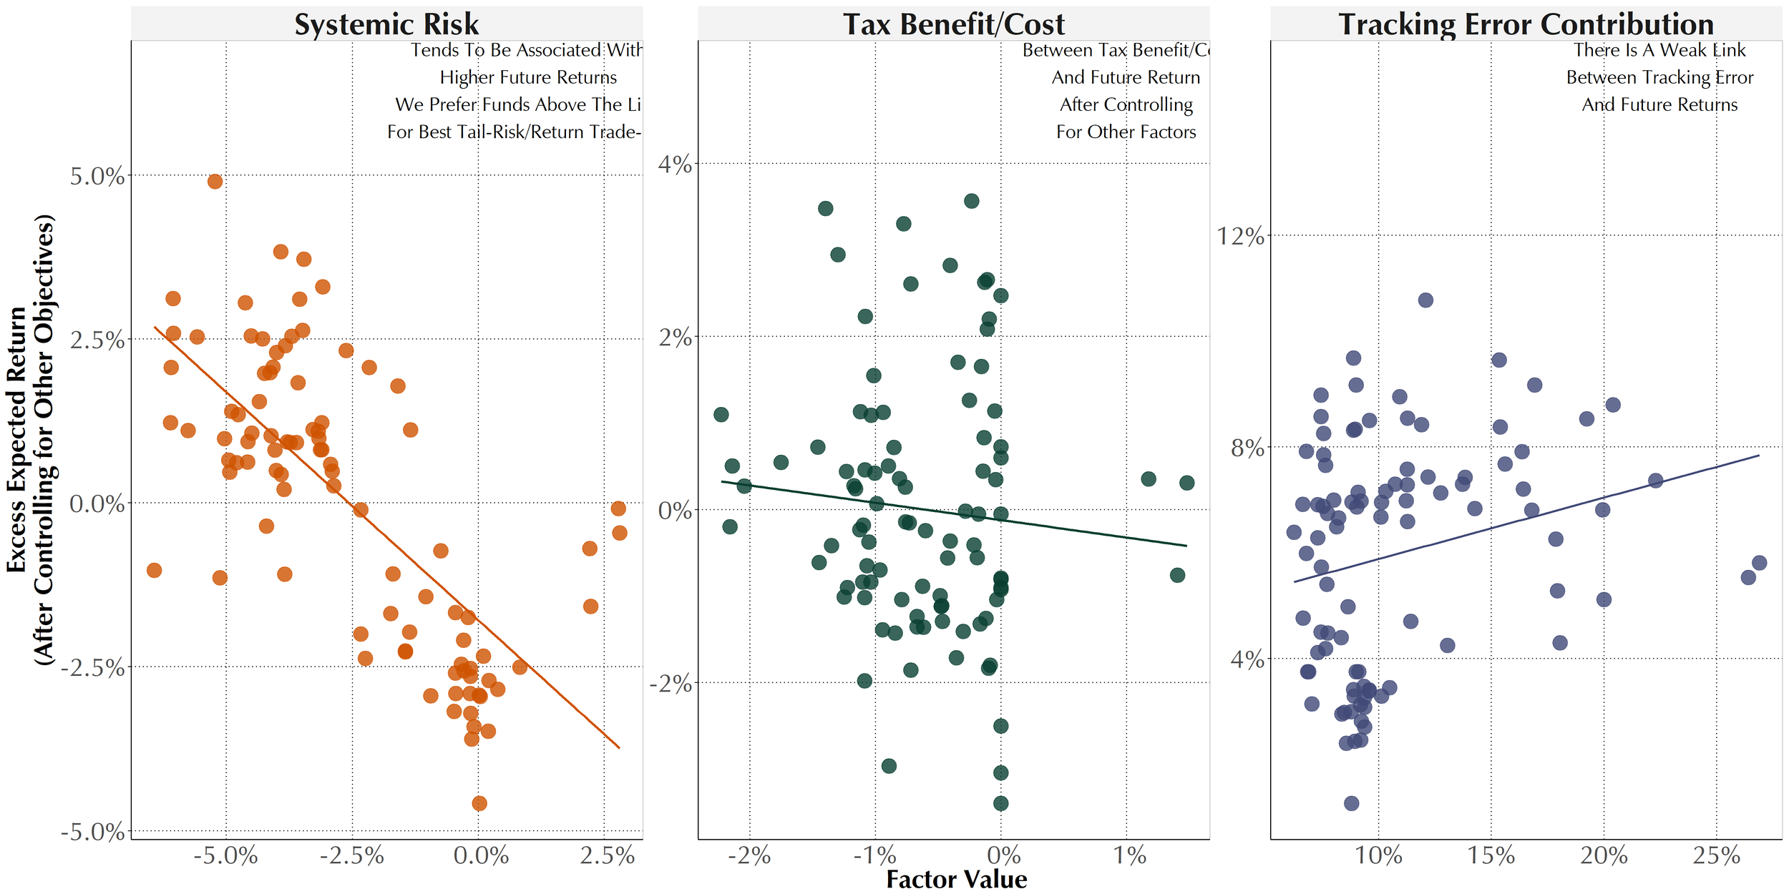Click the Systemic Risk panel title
pos(386,24)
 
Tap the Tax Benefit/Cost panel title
pos(953,24)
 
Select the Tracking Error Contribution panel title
pos(1526,24)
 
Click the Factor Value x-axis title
pos(956,879)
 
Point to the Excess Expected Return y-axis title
pos(30,439)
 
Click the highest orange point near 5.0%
pos(215,182)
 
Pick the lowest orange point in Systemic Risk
pos(479,803)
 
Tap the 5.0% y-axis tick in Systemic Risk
pos(97,176)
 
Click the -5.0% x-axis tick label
pos(226,855)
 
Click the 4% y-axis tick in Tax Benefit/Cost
pos(675,164)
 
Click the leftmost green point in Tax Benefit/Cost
pos(721,415)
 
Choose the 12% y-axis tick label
pos(1241,236)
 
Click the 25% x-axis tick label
pos(1716,855)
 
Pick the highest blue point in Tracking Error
pos(1425,300)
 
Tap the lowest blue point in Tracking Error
pos(1351,803)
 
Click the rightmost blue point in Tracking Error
pos(1759,563)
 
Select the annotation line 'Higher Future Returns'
pos(528,77)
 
